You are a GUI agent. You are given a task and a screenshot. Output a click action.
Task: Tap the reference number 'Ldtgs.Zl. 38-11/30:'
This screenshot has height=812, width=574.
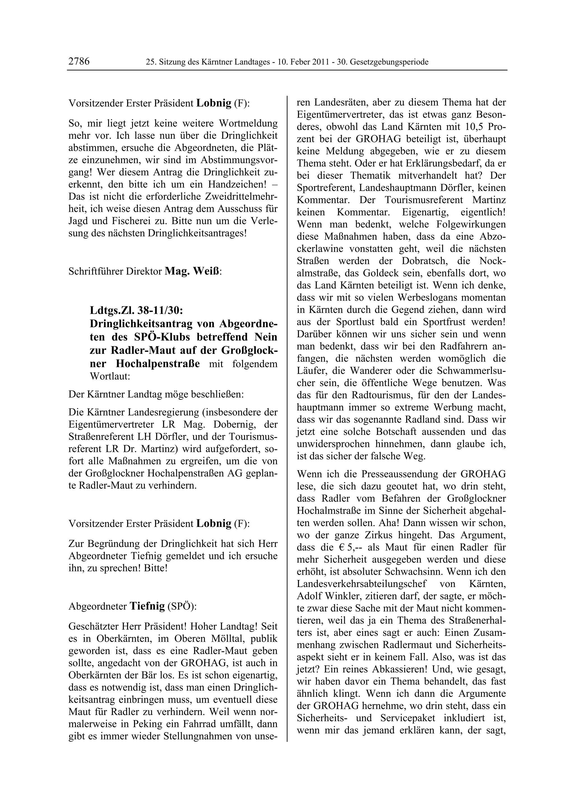[x=136, y=310]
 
